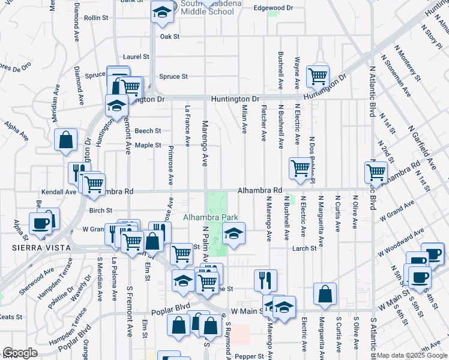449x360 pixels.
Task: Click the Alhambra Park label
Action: [x=211, y=218]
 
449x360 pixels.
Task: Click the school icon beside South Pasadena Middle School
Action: [x=161, y=12]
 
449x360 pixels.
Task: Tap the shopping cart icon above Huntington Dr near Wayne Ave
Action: [x=318, y=76]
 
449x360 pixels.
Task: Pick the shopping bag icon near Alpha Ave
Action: [x=65, y=140]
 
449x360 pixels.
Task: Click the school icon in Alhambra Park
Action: [x=234, y=233]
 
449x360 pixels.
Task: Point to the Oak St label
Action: [x=170, y=37]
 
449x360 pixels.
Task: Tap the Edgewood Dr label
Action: [x=273, y=8]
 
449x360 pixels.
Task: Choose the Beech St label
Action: [x=148, y=130]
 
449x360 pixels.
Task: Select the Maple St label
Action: [x=148, y=145]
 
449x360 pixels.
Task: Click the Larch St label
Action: [x=304, y=248]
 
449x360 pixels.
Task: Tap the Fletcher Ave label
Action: [x=263, y=124]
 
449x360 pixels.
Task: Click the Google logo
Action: [x=20, y=353]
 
